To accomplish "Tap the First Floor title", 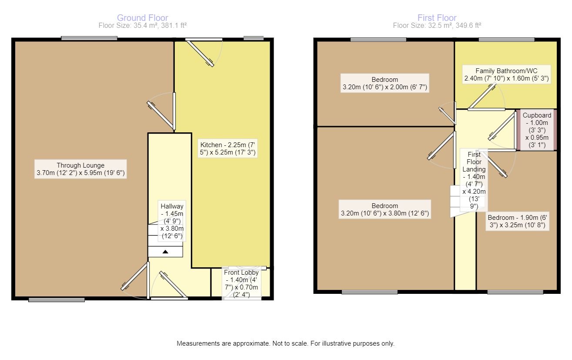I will click(x=437, y=18).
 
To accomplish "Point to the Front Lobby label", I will click(x=241, y=283).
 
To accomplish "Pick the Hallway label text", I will click(x=172, y=222).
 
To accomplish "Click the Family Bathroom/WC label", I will click(x=506, y=75).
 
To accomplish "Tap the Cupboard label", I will click(x=537, y=130).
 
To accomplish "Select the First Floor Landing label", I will click(x=474, y=180).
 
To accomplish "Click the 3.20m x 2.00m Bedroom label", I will click(x=385, y=84).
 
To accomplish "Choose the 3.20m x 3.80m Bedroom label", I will click(x=385, y=210).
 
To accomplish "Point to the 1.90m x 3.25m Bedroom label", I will click(x=516, y=222).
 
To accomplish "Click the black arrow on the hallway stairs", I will click(x=165, y=252).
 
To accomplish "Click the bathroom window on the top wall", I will click(x=506, y=40).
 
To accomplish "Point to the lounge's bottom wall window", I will click(x=57, y=299).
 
